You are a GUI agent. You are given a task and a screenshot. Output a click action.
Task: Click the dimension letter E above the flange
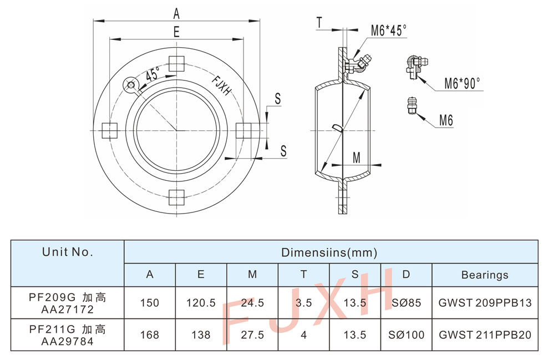[176, 32]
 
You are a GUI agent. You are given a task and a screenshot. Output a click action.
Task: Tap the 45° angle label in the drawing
[152, 74]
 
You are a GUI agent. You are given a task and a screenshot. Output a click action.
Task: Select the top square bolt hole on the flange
[176, 64]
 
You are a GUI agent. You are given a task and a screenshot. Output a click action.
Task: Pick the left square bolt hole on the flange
[110, 130]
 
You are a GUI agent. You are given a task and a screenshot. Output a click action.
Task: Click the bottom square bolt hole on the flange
[176, 197]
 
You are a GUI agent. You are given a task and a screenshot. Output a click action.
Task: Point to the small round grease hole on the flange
[131, 85]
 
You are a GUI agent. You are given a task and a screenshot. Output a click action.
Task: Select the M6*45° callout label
[389, 31]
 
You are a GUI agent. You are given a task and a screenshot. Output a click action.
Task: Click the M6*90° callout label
[462, 84]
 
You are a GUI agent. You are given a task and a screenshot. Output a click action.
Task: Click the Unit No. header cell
[67, 252]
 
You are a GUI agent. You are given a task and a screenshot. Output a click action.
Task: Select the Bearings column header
[484, 275]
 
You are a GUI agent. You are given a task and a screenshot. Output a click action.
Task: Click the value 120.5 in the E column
[201, 303]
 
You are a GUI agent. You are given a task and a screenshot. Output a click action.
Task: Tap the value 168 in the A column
[150, 334]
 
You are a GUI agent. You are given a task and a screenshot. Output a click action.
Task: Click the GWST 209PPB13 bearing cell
[485, 303]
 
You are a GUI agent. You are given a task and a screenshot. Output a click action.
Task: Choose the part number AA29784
[67, 341]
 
